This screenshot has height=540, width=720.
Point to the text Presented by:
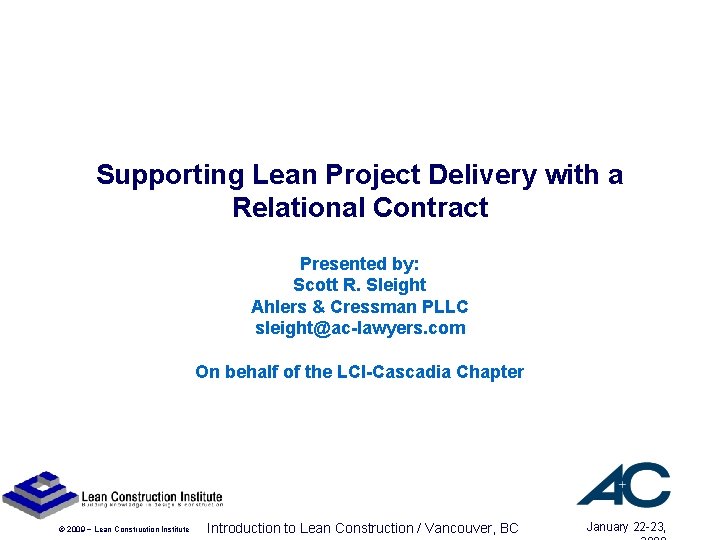[x=360, y=264]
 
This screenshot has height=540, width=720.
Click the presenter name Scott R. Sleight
[x=360, y=285]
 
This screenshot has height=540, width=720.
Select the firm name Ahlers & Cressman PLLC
[x=360, y=306]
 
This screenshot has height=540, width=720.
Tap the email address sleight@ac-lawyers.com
[x=360, y=328]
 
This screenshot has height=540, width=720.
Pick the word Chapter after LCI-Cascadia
[x=490, y=372]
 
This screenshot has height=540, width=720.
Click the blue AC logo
[x=623, y=484]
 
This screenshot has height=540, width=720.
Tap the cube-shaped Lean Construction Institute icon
[x=39, y=493]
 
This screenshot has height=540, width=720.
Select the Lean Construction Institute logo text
[x=151, y=498]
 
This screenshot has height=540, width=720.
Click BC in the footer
[x=509, y=528]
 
